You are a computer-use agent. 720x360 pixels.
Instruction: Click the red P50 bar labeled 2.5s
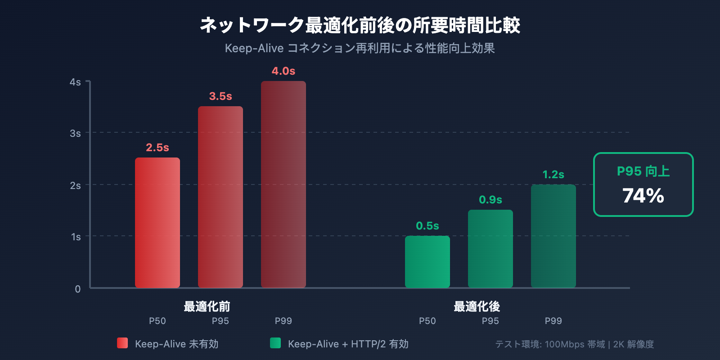[x=157, y=223]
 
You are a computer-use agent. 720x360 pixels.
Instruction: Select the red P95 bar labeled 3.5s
[x=220, y=197]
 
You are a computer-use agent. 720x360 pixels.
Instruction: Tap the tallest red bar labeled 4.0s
[x=283, y=184]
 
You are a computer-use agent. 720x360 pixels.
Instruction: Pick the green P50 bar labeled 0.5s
[x=427, y=262]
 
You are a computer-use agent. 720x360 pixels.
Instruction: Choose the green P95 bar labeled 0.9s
[x=490, y=249]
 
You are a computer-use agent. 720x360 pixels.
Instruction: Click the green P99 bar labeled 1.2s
[x=553, y=236]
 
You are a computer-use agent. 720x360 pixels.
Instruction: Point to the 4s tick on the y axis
[x=75, y=82]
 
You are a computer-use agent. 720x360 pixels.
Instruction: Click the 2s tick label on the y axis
[x=75, y=185]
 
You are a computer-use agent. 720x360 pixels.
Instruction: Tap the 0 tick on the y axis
[x=78, y=289]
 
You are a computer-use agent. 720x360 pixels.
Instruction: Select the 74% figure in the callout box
[x=643, y=196]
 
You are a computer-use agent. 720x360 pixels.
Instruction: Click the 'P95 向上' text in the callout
[x=643, y=171]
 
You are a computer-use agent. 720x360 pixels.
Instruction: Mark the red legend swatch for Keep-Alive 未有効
[x=122, y=343]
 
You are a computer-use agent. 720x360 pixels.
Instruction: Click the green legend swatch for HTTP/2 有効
[x=275, y=343]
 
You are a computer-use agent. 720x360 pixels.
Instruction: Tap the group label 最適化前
[x=207, y=306]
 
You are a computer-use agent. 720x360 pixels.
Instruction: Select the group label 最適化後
[x=477, y=306]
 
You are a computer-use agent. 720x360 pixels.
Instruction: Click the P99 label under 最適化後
[x=553, y=321]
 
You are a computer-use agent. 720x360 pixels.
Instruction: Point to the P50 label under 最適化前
[x=157, y=321]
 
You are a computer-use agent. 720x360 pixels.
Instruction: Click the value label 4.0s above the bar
[x=283, y=71]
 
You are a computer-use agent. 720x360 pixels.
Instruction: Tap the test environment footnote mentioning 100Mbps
[x=574, y=344]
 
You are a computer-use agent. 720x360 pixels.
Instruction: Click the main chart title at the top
[x=360, y=25]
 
